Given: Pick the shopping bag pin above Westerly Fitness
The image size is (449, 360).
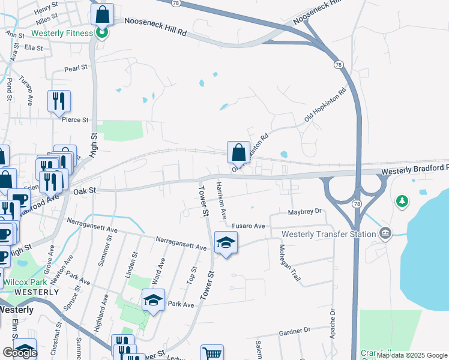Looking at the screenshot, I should (103, 14).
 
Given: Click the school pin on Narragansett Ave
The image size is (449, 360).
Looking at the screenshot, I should (226, 243).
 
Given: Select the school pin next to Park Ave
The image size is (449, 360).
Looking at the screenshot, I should (153, 301).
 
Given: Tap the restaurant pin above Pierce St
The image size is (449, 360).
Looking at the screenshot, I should (59, 101).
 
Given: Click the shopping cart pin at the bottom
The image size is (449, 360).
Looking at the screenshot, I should (212, 354).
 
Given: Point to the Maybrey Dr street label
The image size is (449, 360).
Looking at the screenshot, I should (305, 211).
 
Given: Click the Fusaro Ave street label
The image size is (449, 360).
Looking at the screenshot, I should (249, 226).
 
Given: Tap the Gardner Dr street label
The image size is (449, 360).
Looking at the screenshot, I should (294, 330).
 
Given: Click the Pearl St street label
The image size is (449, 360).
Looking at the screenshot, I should (76, 68).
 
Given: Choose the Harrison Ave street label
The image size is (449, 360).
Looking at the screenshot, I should (221, 200).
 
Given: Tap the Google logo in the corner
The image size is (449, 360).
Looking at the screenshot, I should (20, 353).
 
